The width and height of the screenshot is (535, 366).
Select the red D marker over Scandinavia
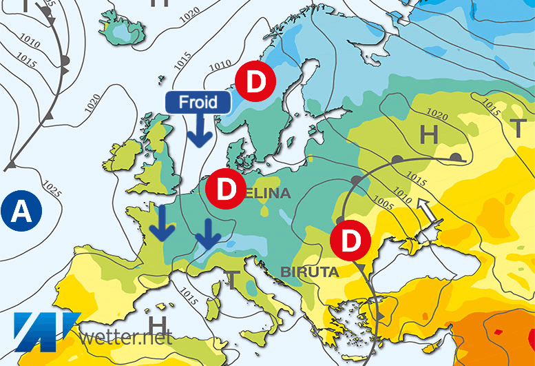coord(254,81)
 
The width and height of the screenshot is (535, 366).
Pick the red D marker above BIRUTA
coord(350,240)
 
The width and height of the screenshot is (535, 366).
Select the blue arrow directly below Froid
coord(199,130)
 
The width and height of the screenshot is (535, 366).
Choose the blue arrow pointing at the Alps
coord(207,235)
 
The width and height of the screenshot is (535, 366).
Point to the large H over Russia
coord(428,136)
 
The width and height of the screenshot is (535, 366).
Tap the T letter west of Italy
coord(232,279)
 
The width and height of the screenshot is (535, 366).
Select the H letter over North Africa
coord(158,323)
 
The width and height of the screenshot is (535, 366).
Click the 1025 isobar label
coord(50,188)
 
